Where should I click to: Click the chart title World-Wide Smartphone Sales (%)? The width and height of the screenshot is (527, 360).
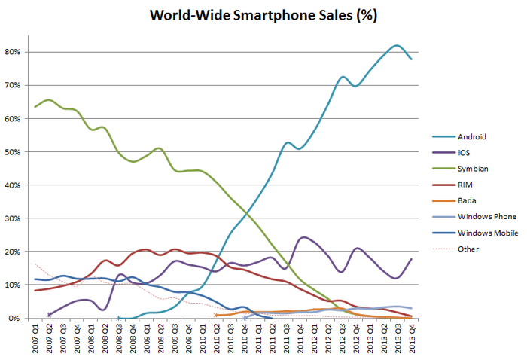point(263,15)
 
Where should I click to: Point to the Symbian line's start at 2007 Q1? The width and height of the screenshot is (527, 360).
point(35,106)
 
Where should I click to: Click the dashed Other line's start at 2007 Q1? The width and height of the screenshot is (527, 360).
point(35,264)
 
